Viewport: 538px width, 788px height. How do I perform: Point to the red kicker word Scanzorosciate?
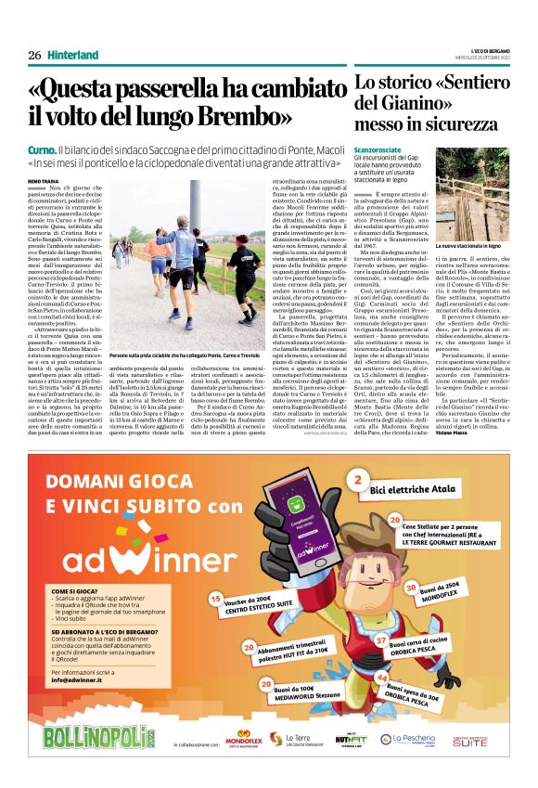(381, 149)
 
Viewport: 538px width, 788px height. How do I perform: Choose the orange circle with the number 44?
(384, 679)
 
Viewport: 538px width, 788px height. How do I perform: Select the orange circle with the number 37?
(381, 640)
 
